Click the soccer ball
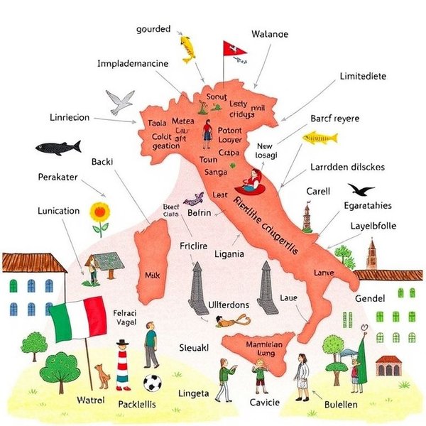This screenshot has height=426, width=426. pos(152,383)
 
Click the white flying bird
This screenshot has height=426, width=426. pos(120,101)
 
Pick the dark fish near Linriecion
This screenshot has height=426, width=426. pos(58,148)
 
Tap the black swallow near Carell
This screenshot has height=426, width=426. pos(361,190)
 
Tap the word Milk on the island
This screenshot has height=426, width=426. pos(153,274)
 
